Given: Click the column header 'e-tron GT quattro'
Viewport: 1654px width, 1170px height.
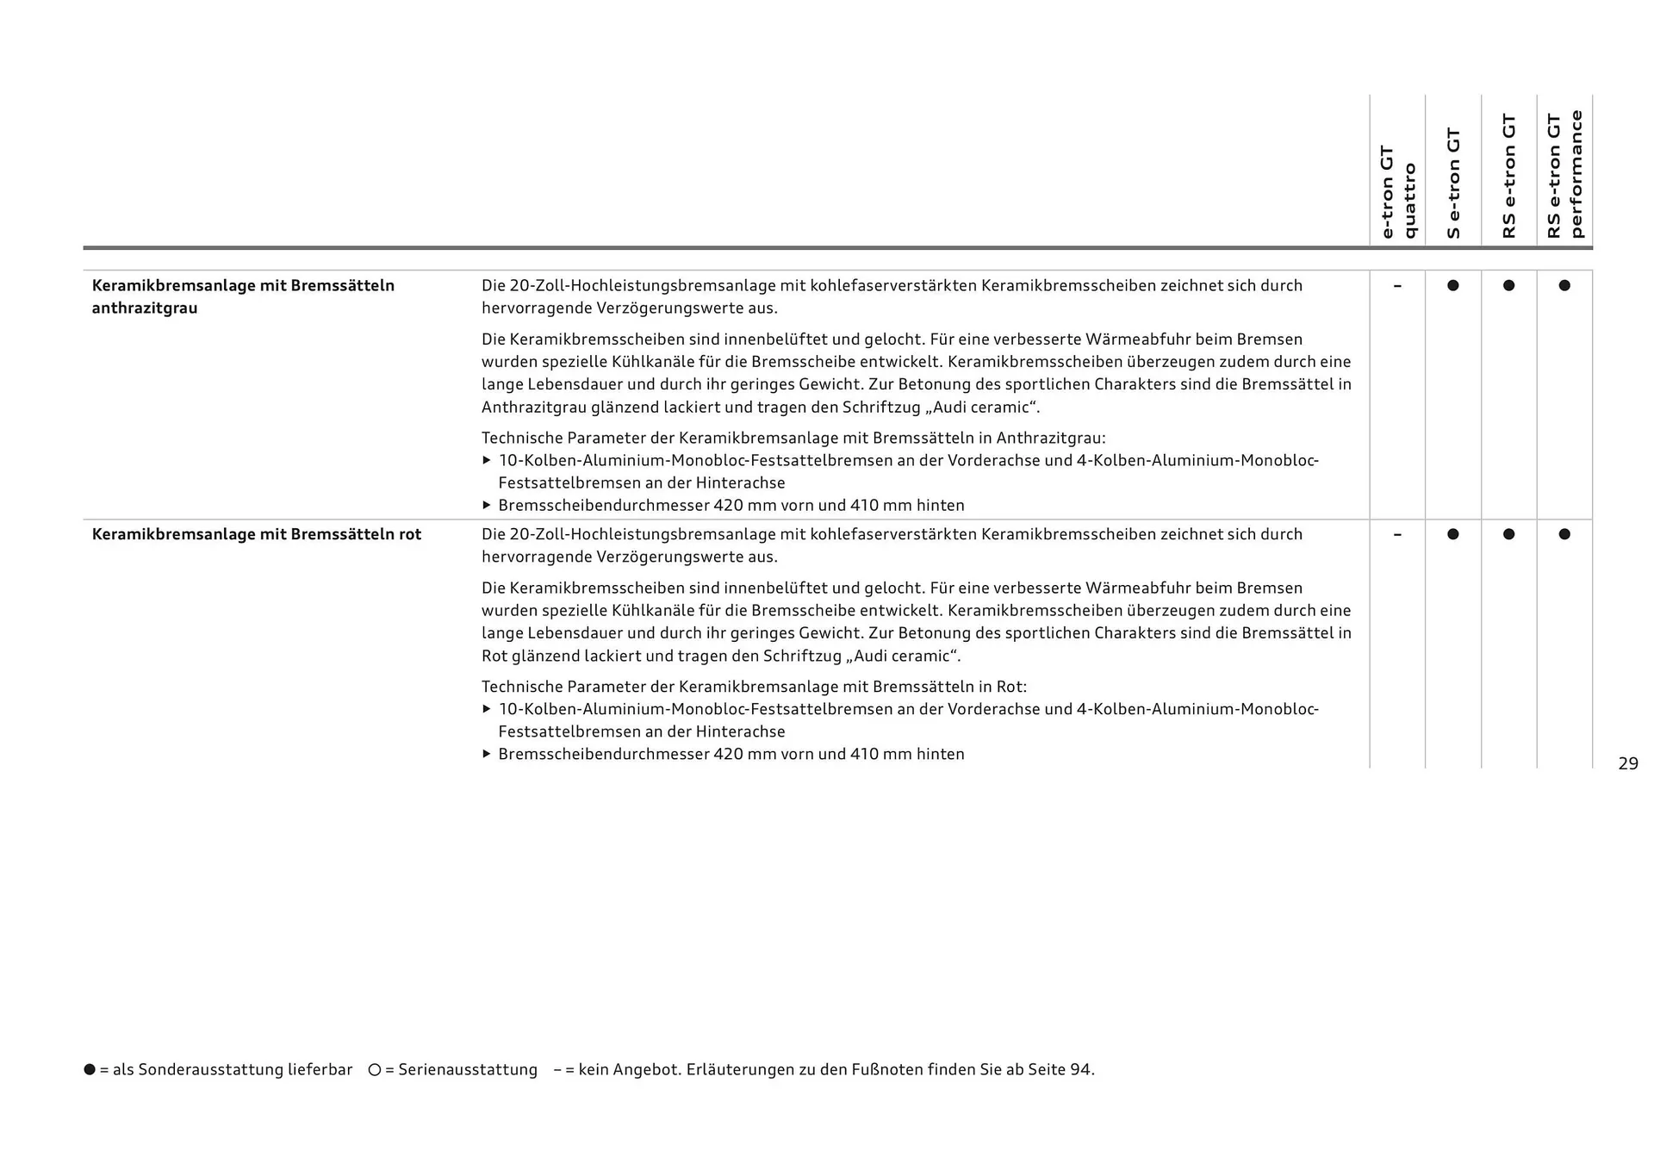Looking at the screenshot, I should point(1397,192).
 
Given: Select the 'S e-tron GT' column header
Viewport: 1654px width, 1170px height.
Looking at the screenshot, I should point(1453,183).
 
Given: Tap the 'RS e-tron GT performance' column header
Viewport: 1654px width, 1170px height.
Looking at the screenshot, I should point(1564,174).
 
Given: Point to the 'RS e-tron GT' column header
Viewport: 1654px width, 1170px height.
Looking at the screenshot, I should point(1508,176).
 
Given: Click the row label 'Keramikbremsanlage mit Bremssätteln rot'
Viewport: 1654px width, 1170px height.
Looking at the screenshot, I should point(257,534).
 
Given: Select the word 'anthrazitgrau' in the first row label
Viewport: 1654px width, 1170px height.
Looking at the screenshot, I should point(145,308).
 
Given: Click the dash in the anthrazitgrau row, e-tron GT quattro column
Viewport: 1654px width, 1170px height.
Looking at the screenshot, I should point(1397,285).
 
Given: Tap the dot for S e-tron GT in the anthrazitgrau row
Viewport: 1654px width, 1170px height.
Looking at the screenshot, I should point(1453,285).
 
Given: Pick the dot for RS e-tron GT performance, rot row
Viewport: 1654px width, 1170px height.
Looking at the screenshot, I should point(1564,534).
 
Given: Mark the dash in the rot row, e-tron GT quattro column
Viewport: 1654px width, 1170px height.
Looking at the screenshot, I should point(1397,534).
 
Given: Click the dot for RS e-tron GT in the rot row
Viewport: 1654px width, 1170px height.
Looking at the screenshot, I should point(1508,534).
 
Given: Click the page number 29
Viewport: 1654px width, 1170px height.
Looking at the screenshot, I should point(1627,763).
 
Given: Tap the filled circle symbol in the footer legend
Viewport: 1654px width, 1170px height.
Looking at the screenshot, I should point(90,1069).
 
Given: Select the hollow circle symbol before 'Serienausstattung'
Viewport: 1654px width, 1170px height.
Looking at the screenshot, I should point(374,1069).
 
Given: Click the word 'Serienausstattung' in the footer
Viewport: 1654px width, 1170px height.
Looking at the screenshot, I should point(467,1070).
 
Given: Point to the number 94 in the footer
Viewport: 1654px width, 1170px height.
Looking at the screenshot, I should point(1080,1070).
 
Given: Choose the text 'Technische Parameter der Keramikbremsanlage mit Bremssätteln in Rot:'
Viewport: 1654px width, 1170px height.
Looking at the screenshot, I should point(754,687).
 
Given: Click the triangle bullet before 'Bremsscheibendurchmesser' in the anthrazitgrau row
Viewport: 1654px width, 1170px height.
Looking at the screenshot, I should point(487,505).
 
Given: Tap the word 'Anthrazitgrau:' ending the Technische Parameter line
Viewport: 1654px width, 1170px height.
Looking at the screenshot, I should point(1050,438).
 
